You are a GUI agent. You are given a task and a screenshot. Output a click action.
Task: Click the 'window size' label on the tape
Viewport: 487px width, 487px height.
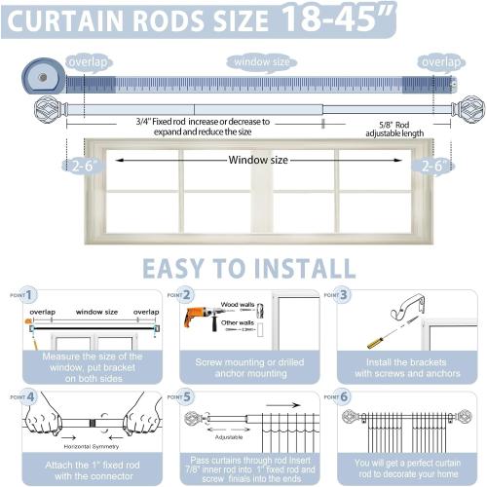point(260,62)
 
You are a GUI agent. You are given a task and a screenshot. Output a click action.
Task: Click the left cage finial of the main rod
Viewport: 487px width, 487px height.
point(48,107)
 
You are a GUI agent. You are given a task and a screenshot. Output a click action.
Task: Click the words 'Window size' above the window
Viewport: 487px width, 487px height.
point(259,160)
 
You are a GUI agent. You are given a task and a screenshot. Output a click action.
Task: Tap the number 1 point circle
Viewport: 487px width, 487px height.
point(30,294)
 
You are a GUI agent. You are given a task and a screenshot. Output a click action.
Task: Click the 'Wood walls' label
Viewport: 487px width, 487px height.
point(238,305)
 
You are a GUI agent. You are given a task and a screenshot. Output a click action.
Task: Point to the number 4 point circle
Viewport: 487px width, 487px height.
point(30,397)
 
